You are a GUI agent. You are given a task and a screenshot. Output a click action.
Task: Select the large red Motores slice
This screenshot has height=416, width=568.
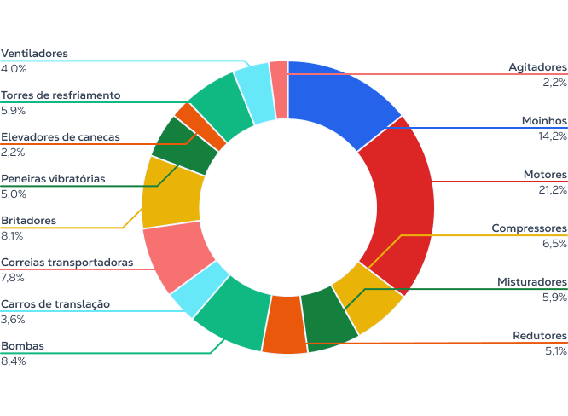(x=400, y=204)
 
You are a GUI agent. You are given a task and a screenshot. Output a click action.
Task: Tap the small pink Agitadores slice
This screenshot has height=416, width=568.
(x=280, y=78)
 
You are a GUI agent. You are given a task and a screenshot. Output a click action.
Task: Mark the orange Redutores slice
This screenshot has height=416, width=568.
(x=284, y=324)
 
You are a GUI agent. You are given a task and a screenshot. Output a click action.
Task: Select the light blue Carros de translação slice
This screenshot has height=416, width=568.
(x=200, y=290)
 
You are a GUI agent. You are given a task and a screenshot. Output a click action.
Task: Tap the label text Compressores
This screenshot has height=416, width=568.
(x=529, y=228)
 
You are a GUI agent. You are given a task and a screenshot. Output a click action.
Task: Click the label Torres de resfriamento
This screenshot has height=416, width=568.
(x=61, y=95)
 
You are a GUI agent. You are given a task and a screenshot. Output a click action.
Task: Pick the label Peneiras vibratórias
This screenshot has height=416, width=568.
(x=53, y=179)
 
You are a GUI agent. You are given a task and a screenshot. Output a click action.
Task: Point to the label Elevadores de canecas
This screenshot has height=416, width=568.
(x=61, y=136)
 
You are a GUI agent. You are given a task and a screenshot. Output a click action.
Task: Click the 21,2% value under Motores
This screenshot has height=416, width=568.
(x=552, y=189)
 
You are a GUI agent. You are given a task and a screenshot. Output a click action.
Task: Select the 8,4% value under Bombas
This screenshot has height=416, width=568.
(x=14, y=361)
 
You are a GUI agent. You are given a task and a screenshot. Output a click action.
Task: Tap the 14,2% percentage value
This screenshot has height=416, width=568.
(x=552, y=135)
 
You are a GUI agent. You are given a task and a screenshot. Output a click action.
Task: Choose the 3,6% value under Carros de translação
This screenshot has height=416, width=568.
(x=14, y=319)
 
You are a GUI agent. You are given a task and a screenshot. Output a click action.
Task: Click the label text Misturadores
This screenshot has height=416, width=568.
(x=532, y=281)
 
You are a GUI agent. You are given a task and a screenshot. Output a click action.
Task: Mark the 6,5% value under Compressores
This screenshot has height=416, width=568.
(x=554, y=243)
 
